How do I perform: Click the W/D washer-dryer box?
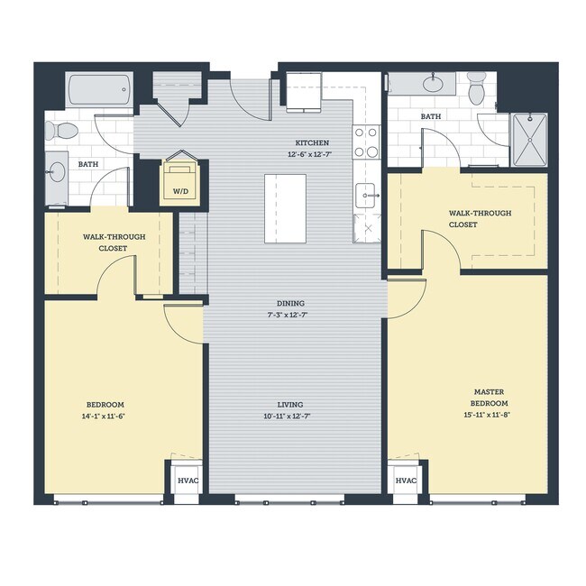point(181,183)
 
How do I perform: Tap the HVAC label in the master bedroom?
point(406,481)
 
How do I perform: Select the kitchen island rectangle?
point(285,208)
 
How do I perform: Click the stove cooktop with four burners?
point(366,142)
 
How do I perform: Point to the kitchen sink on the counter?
point(366,194)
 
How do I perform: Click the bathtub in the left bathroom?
point(99,90)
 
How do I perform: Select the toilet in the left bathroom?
point(62,130)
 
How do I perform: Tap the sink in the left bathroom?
point(57,171)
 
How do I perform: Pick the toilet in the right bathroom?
point(477,87)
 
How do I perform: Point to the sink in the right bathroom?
point(435,86)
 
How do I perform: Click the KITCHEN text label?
point(312,143)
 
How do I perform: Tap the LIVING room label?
point(290,404)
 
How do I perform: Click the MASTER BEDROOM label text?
point(489,398)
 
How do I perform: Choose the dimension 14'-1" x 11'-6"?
point(105,416)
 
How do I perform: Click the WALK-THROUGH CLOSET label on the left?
point(105,242)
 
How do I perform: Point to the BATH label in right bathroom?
point(431,116)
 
